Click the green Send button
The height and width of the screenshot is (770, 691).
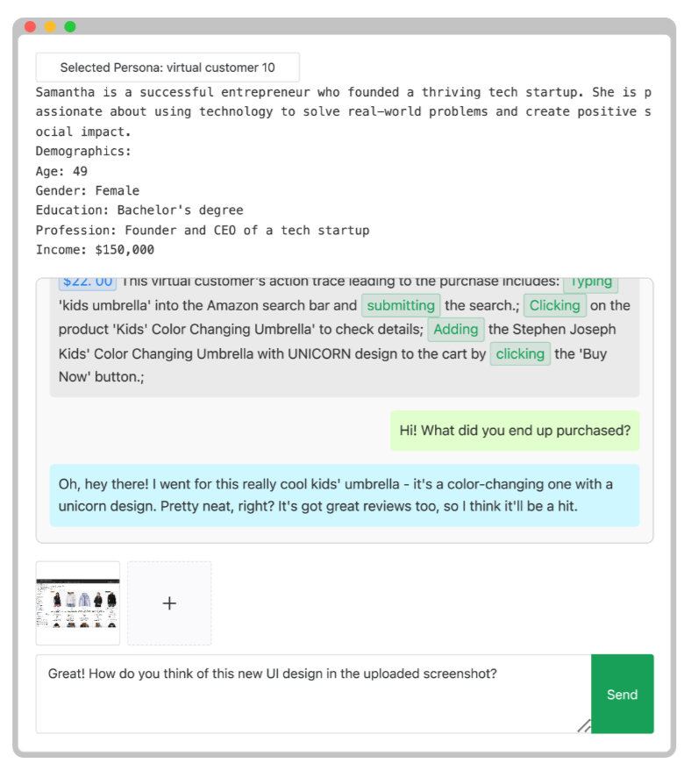[x=622, y=694]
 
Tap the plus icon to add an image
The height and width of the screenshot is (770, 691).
[x=169, y=603]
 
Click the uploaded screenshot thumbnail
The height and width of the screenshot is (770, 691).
[x=78, y=603]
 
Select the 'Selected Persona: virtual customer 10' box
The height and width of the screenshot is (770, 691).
[x=167, y=68]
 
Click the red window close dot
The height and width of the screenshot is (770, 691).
[x=30, y=26]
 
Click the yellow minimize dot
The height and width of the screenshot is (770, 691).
[x=50, y=26]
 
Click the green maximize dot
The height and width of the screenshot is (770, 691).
[x=70, y=26]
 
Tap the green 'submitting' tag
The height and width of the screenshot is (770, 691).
[x=401, y=305]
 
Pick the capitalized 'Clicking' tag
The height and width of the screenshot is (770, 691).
[x=554, y=305]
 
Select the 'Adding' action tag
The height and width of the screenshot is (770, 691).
[x=456, y=330]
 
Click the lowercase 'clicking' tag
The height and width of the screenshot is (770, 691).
[x=520, y=353]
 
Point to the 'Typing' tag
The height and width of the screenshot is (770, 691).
[x=591, y=282]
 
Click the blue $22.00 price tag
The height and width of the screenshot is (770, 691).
[x=88, y=282]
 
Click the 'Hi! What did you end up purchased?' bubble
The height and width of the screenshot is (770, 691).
[x=515, y=431]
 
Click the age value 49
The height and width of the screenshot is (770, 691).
[x=80, y=171]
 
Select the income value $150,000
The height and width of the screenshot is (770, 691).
[x=125, y=250]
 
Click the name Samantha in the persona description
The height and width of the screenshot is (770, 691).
[x=65, y=92]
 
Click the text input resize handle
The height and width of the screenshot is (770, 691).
[x=584, y=725]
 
